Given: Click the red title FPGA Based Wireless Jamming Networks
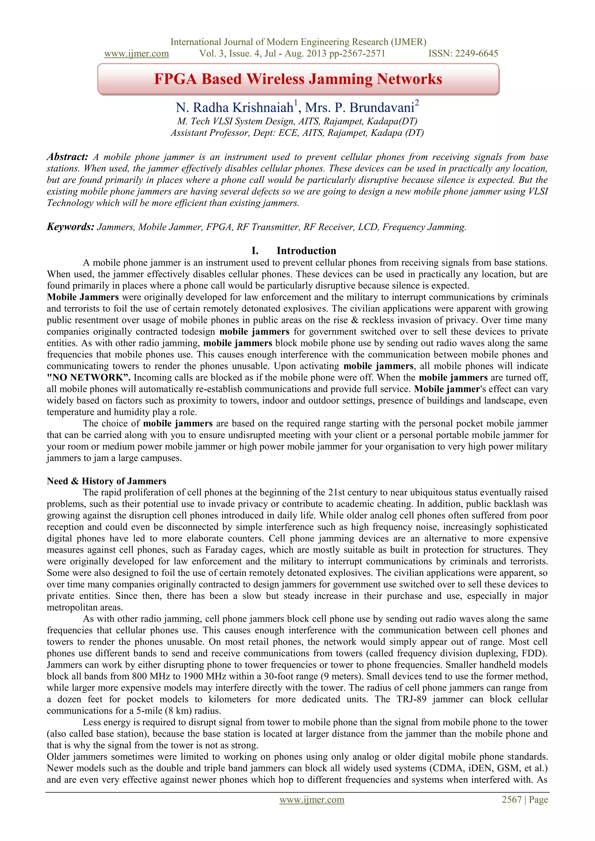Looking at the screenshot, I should [x=298, y=79].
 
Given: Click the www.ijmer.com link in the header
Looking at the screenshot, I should [x=136, y=53].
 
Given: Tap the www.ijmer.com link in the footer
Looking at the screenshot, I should [x=311, y=799].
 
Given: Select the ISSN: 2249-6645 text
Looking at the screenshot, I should [x=463, y=53].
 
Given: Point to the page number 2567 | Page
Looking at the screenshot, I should [x=525, y=799].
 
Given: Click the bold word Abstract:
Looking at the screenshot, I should [x=67, y=157].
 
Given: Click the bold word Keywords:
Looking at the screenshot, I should [x=71, y=227].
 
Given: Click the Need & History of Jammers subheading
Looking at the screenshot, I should [x=106, y=481].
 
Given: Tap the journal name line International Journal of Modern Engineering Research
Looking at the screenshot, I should [x=298, y=42].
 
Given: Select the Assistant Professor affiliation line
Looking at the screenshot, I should [x=297, y=132].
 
